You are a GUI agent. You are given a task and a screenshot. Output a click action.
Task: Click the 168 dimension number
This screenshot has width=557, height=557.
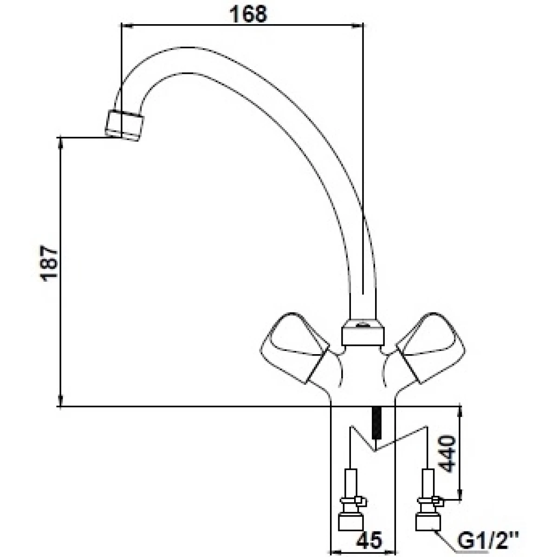tap(248, 14)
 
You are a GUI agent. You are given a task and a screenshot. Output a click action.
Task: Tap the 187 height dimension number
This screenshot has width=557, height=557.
tap(49, 263)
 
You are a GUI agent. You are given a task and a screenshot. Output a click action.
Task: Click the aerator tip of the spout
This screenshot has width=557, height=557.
tap(124, 125)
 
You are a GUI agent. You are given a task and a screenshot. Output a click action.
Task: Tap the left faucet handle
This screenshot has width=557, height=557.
tap(294, 348)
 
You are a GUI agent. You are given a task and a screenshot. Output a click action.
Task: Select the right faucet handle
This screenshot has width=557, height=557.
tap(431, 348)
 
